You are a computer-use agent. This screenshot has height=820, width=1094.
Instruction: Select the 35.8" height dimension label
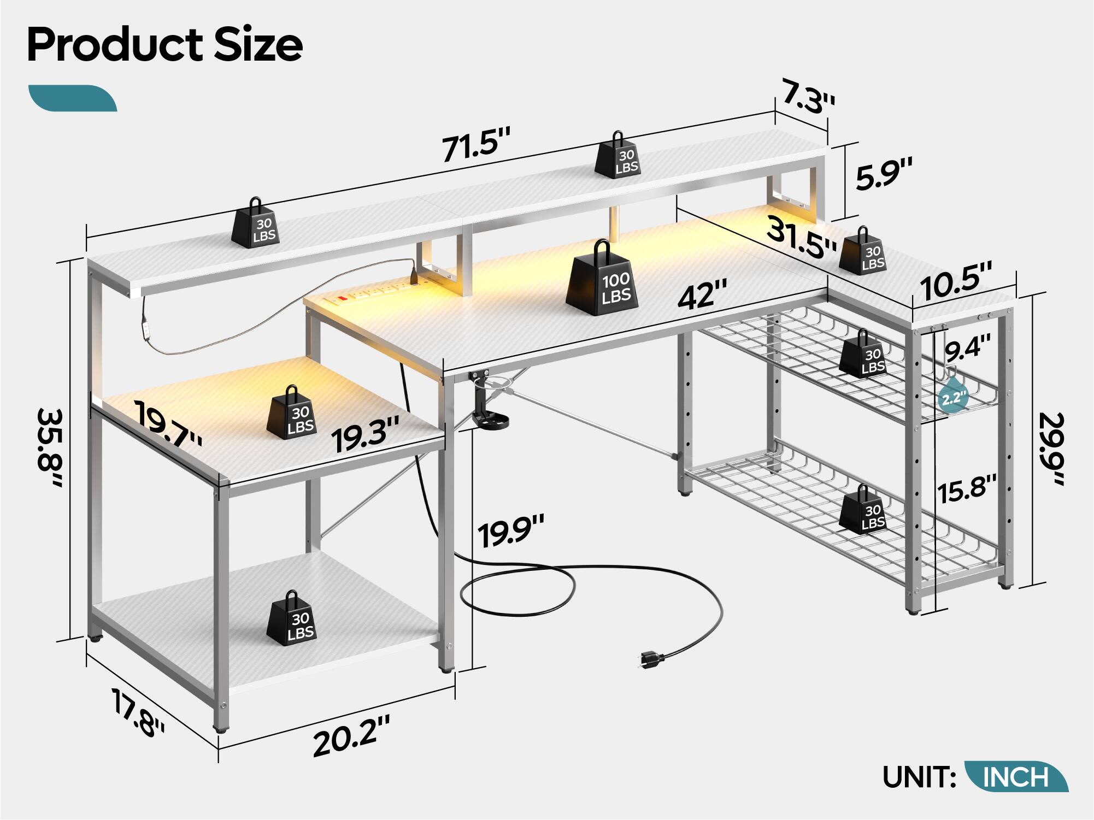(x=51, y=448)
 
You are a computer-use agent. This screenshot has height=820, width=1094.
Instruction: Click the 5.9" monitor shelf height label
(x=883, y=174)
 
